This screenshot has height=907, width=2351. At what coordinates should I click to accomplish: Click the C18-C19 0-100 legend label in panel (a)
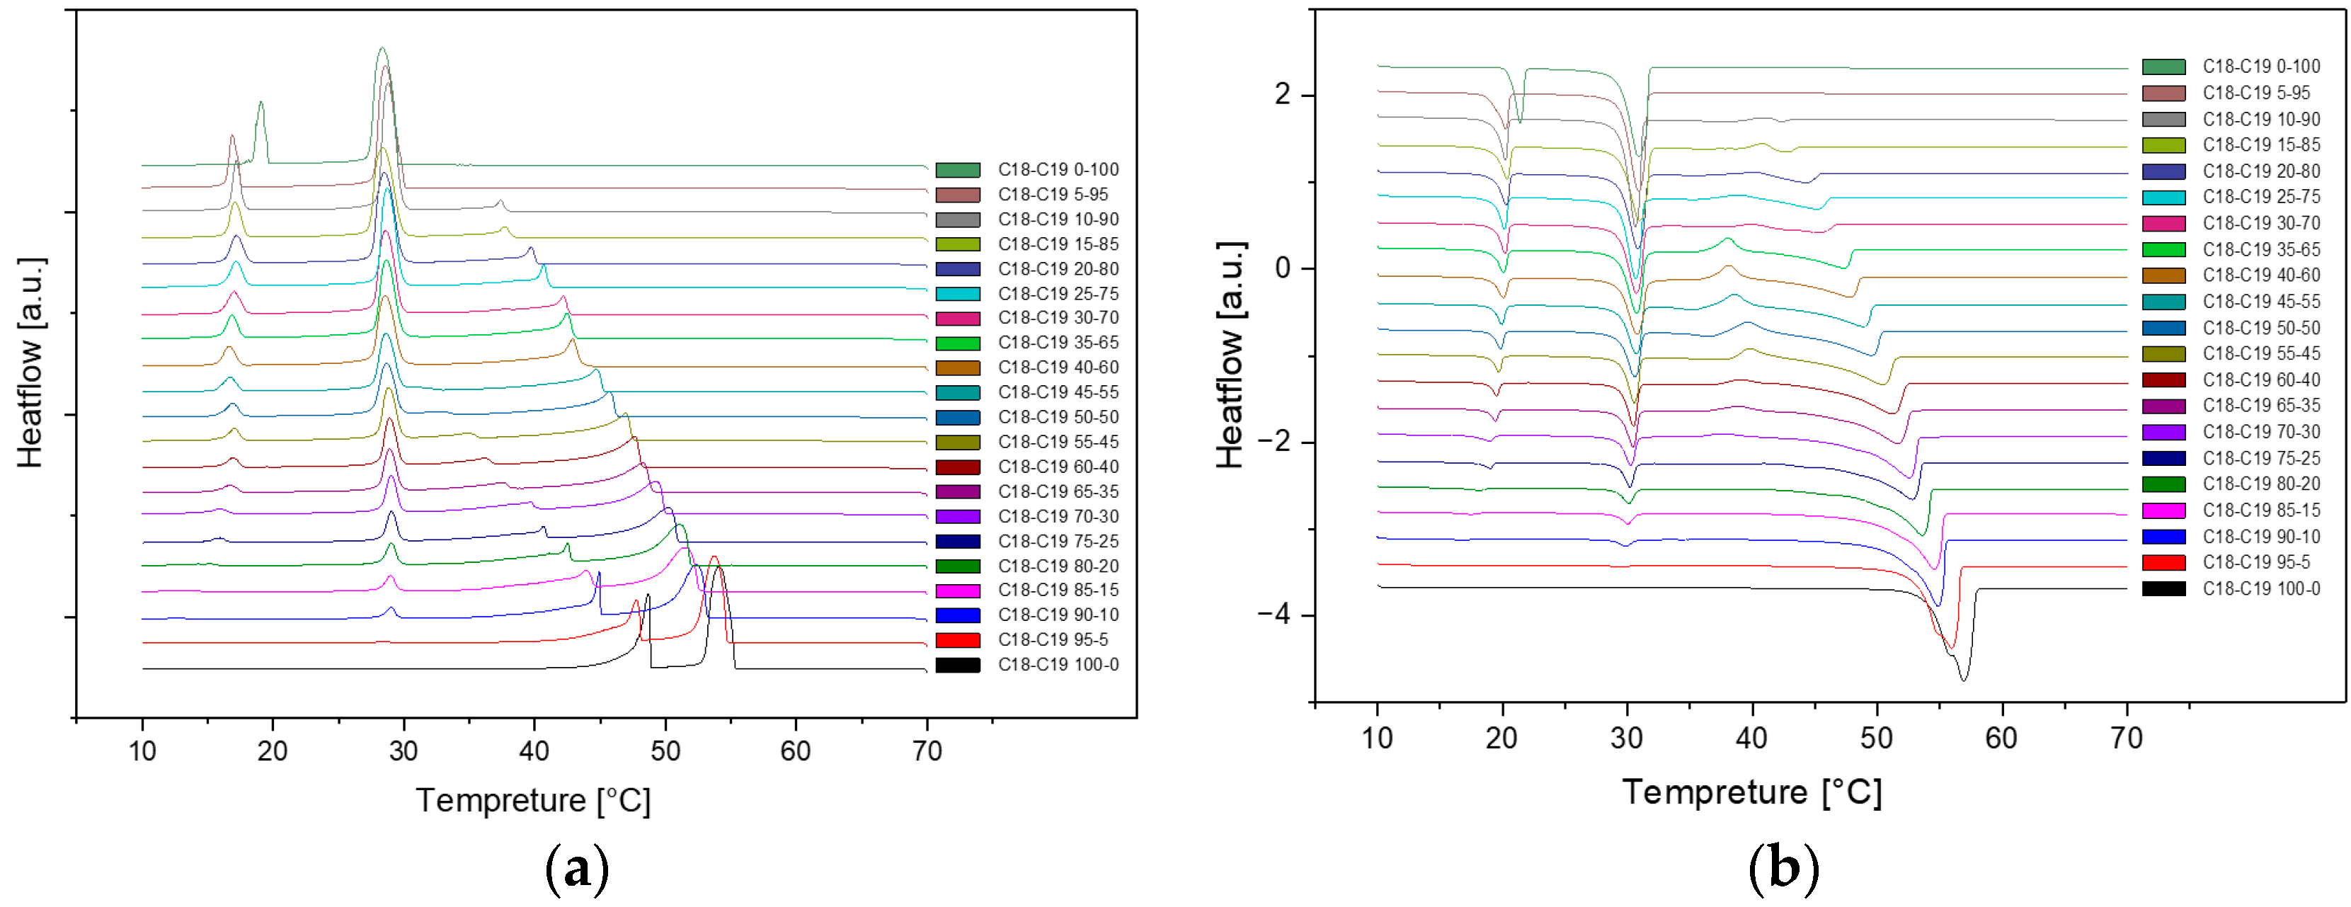click(x=1058, y=170)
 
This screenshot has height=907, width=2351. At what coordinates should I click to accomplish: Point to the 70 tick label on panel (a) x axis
click(x=927, y=751)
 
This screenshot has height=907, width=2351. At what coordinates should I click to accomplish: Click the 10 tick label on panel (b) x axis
click(x=1376, y=738)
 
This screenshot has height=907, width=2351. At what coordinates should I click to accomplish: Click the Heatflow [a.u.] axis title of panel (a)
click(x=31, y=363)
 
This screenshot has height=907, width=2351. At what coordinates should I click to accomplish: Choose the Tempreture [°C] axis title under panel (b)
click(x=1751, y=792)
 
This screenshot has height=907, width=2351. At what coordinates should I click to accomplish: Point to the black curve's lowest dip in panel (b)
click(x=1963, y=680)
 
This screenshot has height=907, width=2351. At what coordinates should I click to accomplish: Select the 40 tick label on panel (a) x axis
click(x=534, y=751)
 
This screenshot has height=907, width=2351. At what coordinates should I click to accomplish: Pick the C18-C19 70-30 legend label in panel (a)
click(x=1058, y=516)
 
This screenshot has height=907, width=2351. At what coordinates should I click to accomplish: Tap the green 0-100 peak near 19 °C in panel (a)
click(x=261, y=103)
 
